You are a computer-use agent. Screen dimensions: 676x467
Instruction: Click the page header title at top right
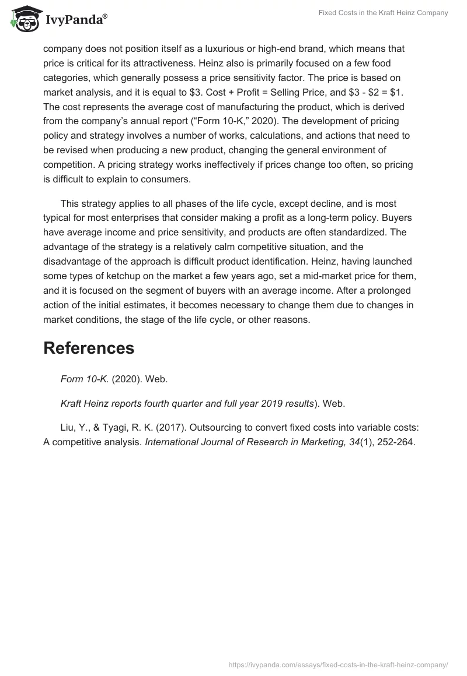[383, 13]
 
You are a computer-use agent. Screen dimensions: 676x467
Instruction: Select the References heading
[89, 348]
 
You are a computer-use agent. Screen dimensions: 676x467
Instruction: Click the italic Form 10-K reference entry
[85, 379]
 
